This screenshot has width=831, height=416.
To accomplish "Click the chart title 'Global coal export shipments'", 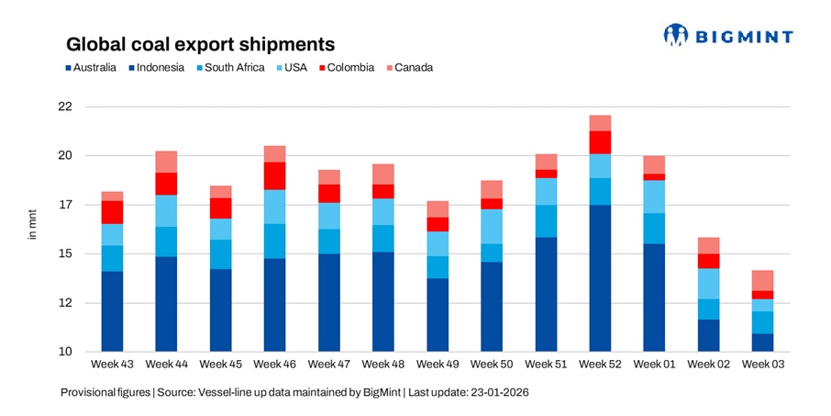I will [198, 44].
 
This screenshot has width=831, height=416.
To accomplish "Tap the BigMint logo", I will [728, 36].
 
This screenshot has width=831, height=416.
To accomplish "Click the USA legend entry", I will [294, 67].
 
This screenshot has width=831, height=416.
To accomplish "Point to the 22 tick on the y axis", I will [64, 107].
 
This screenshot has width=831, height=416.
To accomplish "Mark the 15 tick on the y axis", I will [64, 253].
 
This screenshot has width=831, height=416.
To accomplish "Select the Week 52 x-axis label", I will [601, 365].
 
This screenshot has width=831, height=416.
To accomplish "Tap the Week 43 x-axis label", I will [112, 365].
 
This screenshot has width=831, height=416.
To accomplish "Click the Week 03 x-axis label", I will [762, 365].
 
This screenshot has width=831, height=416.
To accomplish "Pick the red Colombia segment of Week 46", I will [274, 175].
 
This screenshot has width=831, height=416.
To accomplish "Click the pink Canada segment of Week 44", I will [166, 162].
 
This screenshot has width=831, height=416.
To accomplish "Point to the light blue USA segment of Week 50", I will [492, 226].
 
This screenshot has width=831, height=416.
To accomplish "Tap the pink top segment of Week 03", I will [762, 280].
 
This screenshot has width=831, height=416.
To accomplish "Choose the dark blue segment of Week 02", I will [708, 335].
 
